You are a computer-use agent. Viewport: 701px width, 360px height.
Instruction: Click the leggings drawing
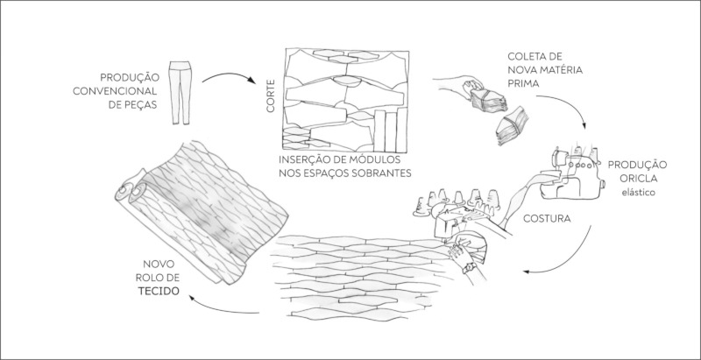(x=181, y=93)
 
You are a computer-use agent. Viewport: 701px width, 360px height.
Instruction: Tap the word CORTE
(x=271, y=96)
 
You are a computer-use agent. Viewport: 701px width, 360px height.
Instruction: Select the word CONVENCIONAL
(x=115, y=92)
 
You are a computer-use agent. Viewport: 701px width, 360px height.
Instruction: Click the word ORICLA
(x=637, y=179)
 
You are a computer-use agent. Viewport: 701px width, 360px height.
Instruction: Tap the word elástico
(x=637, y=193)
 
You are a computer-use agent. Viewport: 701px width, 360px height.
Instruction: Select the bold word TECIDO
(x=159, y=291)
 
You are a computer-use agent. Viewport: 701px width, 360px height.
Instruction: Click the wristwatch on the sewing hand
(x=470, y=268)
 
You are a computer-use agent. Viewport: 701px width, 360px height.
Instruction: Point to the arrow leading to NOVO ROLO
(x=223, y=307)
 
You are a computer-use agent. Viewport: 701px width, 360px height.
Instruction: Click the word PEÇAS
(x=139, y=105)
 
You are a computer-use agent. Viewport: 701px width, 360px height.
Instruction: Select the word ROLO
(x=150, y=278)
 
